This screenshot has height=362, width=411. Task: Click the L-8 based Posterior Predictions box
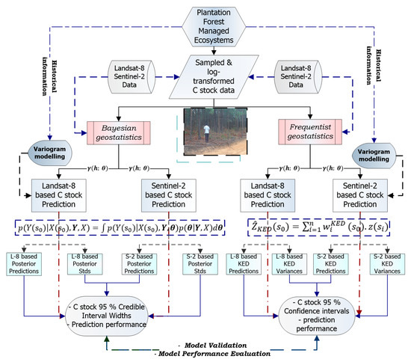(26, 264)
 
